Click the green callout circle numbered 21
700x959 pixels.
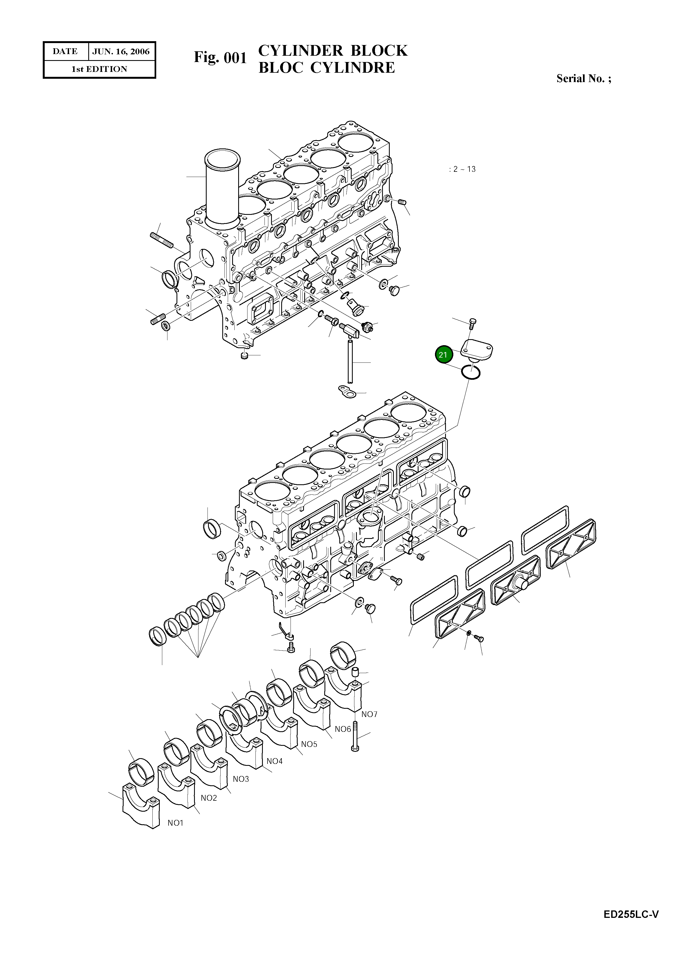[443, 355]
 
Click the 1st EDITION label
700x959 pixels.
[99, 69]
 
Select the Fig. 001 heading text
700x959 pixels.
[220, 57]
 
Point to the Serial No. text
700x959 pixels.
[584, 78]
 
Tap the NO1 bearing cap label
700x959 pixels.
[175, 823]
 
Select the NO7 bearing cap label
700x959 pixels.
[369, 714]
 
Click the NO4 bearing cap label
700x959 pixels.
[275, 761]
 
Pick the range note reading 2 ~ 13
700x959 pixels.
[463, 169]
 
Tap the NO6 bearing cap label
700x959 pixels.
[343, 729]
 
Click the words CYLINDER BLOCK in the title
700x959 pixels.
[333, 50]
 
